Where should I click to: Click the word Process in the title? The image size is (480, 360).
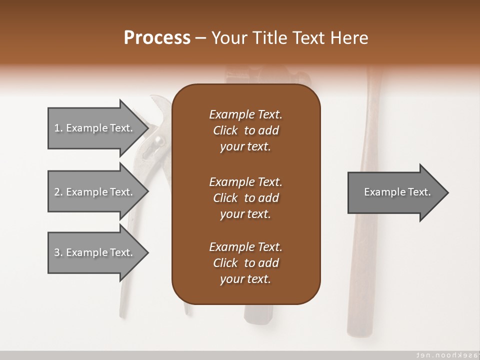[157, 38]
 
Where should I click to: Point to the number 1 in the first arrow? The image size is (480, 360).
[57, 128]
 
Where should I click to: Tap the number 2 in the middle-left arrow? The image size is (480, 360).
[57, 192]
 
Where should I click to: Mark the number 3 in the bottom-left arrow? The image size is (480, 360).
[57, 252]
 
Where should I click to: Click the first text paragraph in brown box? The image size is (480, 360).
[245, 130]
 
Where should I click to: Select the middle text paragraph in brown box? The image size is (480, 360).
[245, 197]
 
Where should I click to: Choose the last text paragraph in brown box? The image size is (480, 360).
[245, 263]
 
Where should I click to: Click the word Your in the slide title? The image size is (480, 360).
[228, 38]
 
